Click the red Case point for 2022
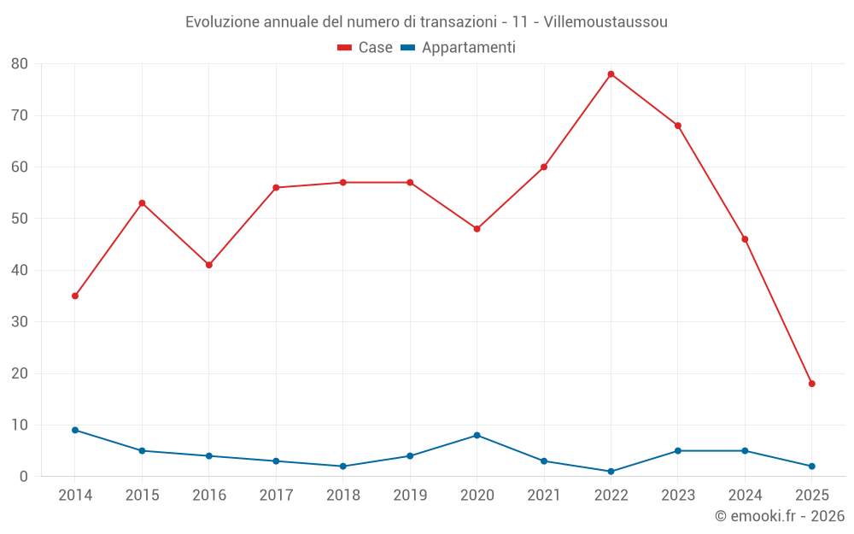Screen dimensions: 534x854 click(x=611, y=74)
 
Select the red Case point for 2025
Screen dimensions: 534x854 click(x=812, y=384)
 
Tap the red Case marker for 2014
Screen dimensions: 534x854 click(x=75, y=296)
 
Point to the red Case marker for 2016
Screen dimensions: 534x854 click(x=209, y=265)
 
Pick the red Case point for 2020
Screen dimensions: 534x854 click(x=477, y=229)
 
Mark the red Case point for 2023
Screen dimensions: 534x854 click(x=678, y=126)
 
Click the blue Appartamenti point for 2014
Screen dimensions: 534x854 click(x=75, y=430)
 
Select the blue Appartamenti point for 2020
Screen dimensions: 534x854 click(x=477, y=435)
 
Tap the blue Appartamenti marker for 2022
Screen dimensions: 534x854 click(x=611, y=472)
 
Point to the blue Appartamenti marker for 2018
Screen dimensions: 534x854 click(x=343, y=467)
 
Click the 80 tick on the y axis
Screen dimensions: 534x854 click(x=20, y=64)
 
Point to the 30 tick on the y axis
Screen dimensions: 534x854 click(x=20, y=322)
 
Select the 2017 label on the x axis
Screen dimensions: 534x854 click(x=276, y=495)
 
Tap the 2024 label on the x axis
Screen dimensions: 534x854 click(x=745, y=495)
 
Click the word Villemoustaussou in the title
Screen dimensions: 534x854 click(x=607, y=21)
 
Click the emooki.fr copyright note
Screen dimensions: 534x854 click(x=779, y=516)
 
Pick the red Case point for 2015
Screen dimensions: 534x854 click(x=142, y=203)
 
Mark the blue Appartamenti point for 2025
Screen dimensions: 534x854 click(x=812, y=467)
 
